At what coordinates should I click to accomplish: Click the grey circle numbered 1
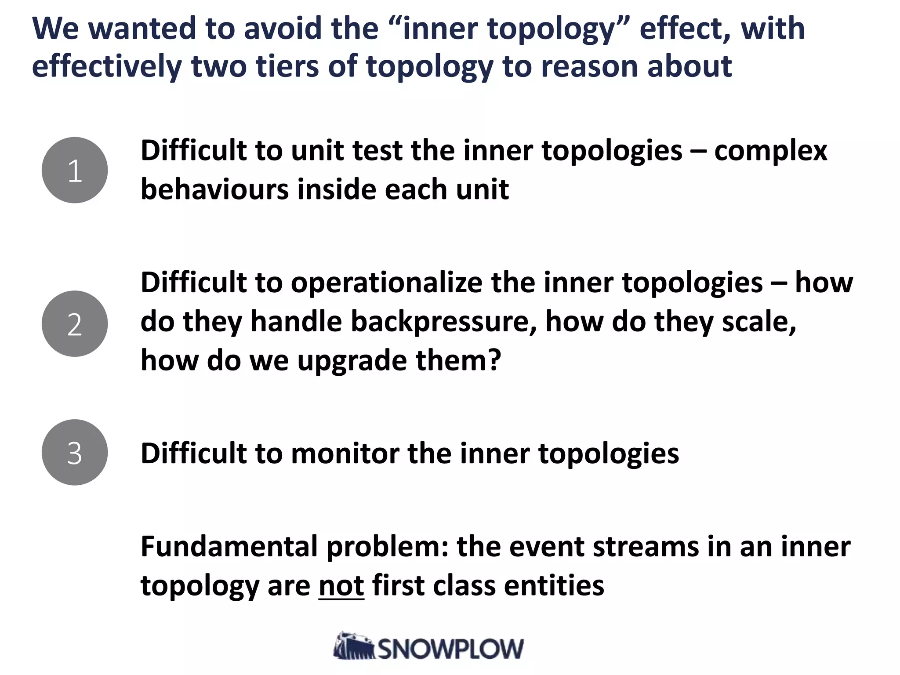point(75,170)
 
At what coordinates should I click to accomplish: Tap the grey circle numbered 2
point(75,324)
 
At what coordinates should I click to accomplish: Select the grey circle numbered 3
point(75,452)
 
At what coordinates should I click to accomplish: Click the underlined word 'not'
point(341,586)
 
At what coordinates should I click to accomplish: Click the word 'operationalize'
point(386,282)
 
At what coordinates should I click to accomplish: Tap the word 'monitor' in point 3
point(345,453)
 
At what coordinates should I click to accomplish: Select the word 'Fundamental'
point(229,547)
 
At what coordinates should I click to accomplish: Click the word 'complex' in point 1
point(770,151)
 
